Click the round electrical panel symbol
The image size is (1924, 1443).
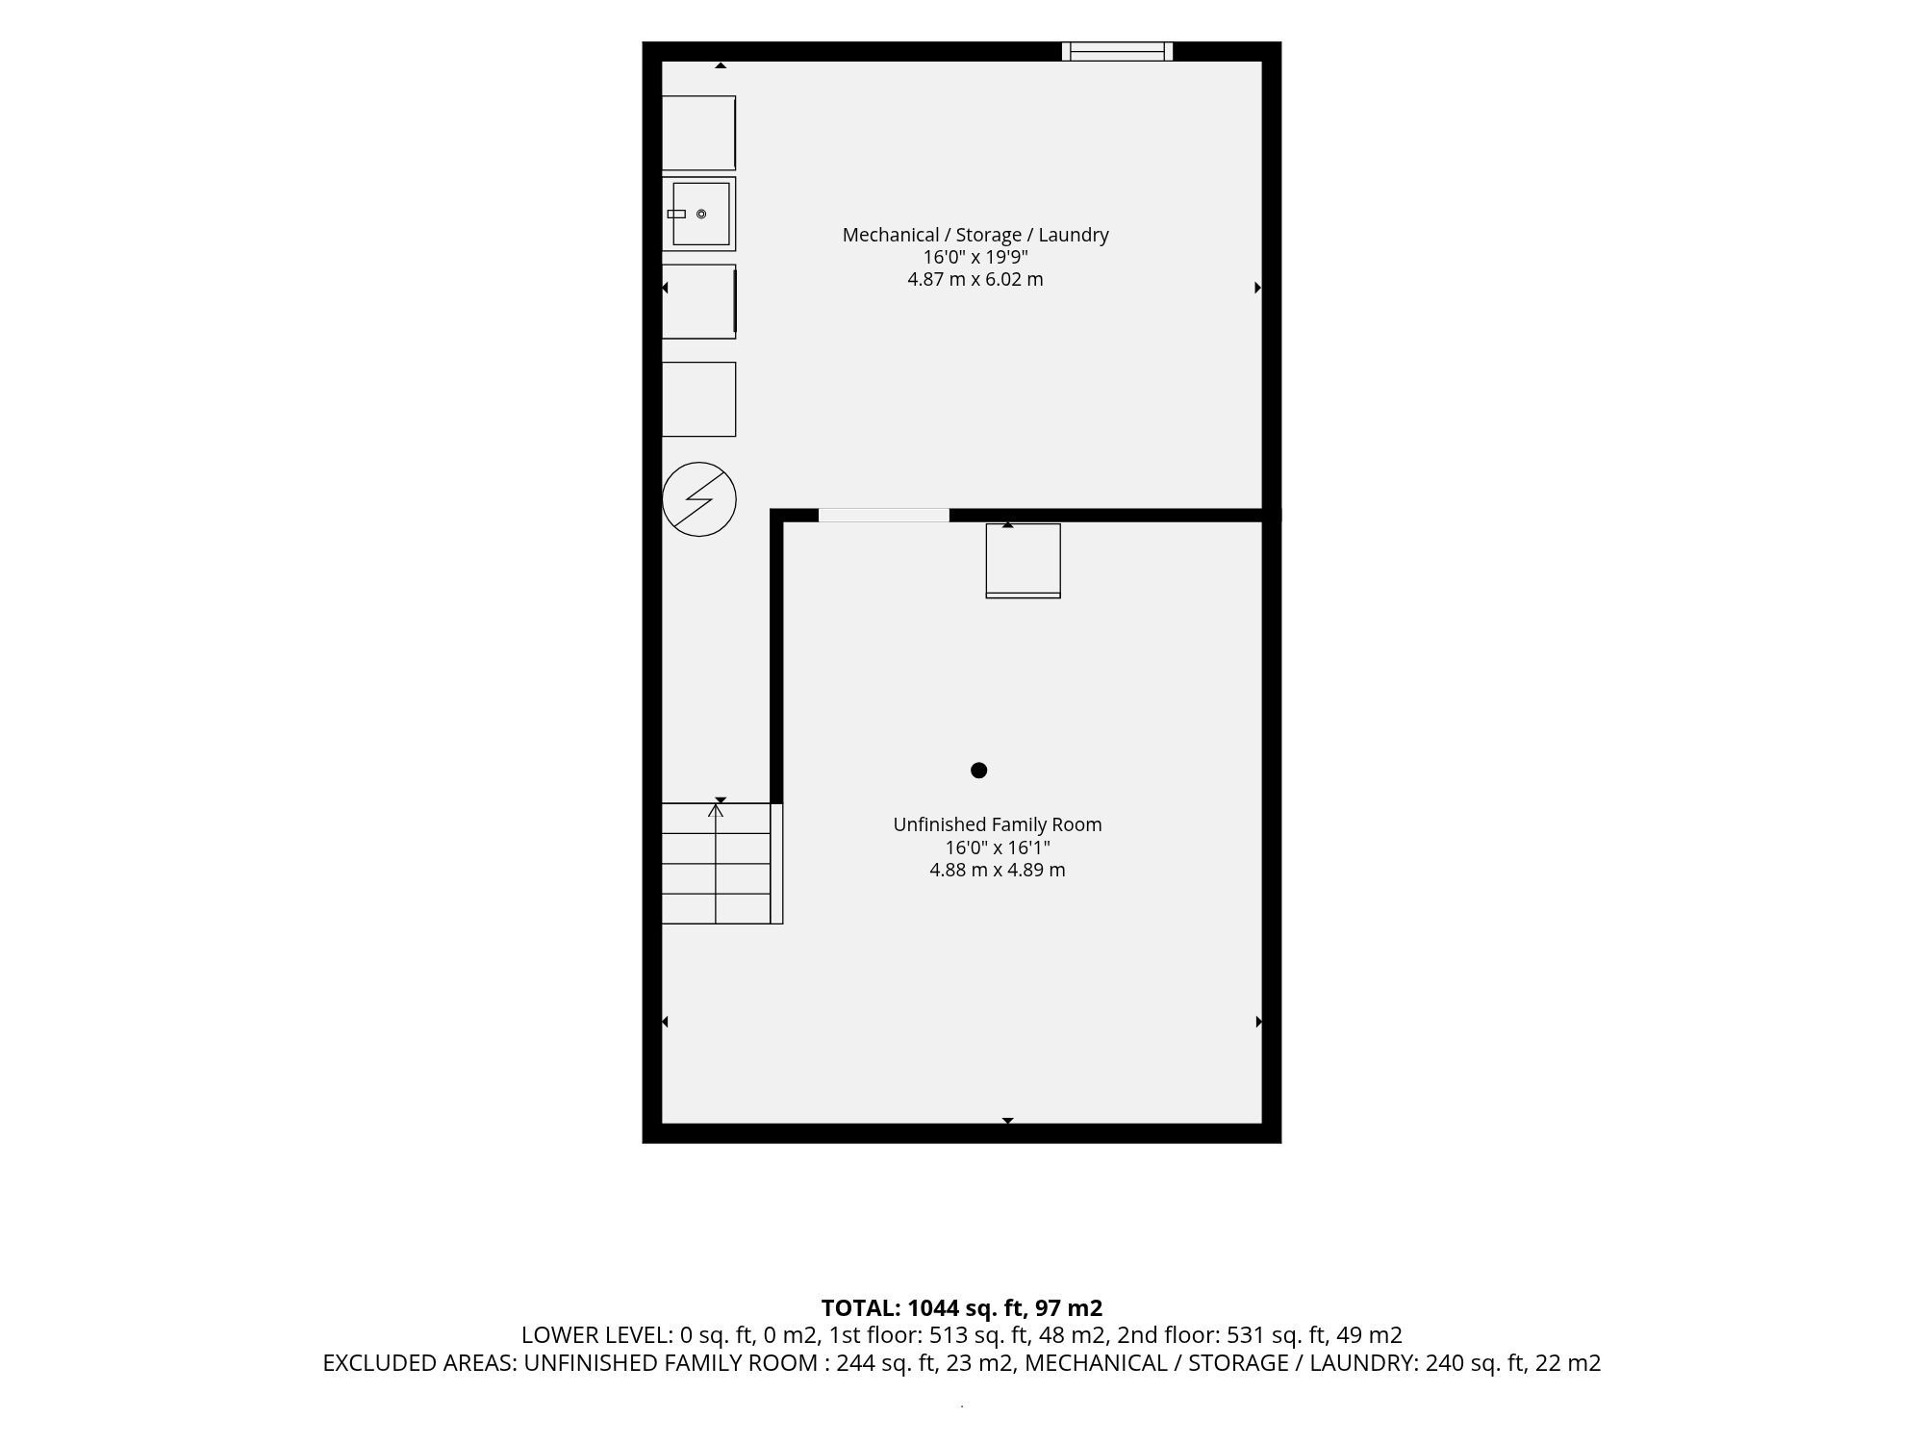point(699,499)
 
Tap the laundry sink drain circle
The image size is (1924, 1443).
point(701,214)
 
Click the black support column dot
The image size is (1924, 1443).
point(979,770)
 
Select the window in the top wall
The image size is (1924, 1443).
point(1117,51)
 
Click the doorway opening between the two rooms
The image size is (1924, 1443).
point(884,516)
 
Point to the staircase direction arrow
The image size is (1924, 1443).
point(716,863)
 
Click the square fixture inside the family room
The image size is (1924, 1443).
point(1024,561)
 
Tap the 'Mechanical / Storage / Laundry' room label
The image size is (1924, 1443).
point(975,235)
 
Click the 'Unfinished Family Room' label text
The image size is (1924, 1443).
point(998,824)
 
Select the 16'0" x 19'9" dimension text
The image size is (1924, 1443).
point(975,257)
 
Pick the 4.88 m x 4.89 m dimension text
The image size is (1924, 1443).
point(998,870)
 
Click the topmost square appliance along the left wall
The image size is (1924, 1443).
point(699,133)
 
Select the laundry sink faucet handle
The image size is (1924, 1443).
point(676,214)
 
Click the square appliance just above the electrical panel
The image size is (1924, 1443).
point(699,399)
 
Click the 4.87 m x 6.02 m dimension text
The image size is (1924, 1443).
point(975,279)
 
